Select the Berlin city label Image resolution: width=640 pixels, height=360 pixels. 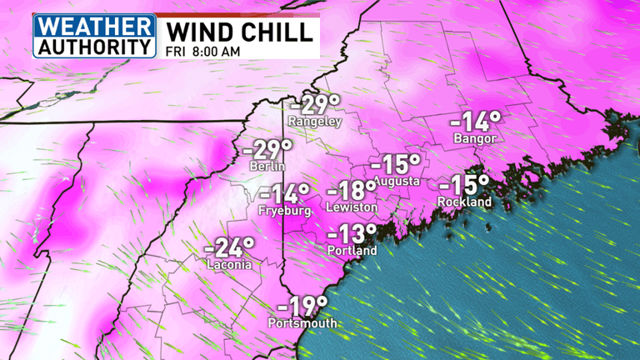pos(267,167)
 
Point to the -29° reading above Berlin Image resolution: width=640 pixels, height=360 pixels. pos(267,151)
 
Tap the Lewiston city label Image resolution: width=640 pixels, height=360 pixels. pos(352,207)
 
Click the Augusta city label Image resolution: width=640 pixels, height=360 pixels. pos(396,181)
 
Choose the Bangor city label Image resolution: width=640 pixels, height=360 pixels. pos(475,138)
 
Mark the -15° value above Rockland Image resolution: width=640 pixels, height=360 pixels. pos(465,185)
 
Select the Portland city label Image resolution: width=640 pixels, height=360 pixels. pos(353,250)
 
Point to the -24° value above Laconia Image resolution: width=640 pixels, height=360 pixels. pos(229,248)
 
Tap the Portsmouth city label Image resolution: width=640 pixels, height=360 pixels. pos(302,323)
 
